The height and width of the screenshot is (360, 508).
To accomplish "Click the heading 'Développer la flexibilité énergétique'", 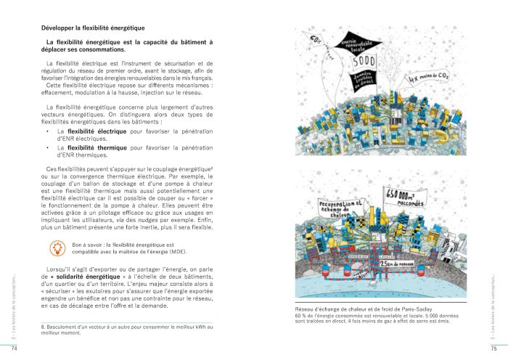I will click(94, 28).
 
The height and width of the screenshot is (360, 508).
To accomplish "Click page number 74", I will click(13, 349).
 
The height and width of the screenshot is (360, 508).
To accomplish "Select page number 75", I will click(493, 349).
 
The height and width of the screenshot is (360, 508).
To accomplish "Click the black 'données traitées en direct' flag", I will click(369, 76).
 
